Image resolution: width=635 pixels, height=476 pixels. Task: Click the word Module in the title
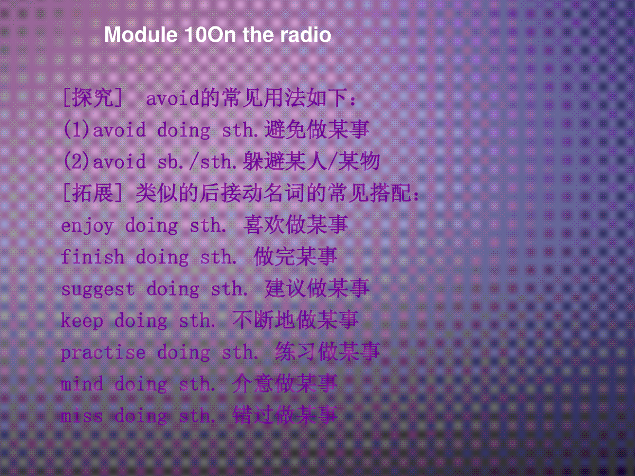141,35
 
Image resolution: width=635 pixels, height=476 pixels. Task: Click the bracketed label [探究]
93,98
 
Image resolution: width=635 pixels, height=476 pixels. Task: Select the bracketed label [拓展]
93,193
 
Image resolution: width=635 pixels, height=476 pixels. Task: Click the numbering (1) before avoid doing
77,130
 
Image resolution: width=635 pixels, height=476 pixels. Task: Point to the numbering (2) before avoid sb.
77,161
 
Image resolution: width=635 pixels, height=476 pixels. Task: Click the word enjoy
87,226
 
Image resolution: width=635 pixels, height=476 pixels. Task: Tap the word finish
92,257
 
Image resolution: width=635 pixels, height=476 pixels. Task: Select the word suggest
98,289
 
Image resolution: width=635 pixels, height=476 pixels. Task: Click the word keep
82,321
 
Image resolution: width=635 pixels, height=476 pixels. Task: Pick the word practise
103,352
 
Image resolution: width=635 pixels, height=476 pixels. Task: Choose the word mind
82,384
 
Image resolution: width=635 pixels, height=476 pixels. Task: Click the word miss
82,416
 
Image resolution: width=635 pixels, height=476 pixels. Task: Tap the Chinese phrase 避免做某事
317,130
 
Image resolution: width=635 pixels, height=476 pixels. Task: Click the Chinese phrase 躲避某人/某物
311,161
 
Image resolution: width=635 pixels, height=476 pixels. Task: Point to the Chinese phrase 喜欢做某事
296,225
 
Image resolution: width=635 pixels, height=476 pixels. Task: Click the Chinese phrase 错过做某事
285,415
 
